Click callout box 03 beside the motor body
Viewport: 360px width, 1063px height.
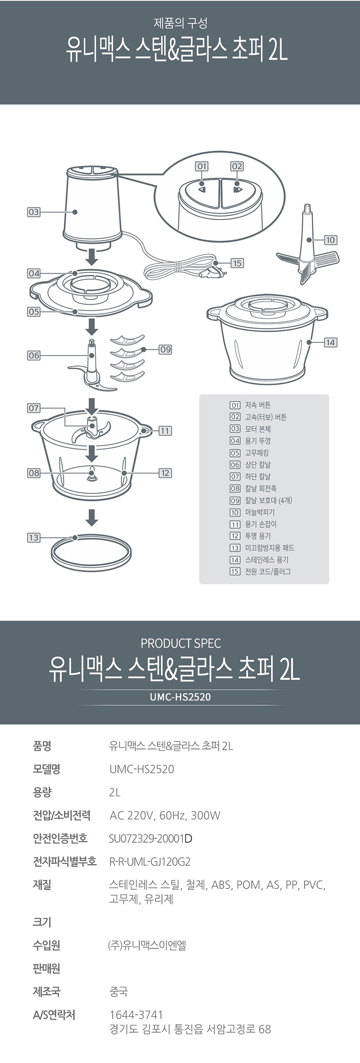coord(34,212)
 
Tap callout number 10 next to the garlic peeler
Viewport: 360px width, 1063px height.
coord(331,240)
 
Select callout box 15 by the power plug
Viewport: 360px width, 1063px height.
coord(237,263)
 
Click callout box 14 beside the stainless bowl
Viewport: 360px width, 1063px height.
coord(331,342)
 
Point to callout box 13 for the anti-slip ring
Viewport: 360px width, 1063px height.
coord(34,537)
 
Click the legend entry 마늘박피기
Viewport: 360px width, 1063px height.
coord(260,512)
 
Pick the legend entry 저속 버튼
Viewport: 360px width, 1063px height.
coord(258,405)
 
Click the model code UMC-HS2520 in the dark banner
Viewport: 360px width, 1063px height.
coord(180,697)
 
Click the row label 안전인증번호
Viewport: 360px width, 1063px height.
coord(60,838)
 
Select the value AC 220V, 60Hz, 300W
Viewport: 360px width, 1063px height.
coord(165,815)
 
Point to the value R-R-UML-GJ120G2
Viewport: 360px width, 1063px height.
coord(150,862)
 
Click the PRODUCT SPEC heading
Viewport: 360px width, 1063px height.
coord(181,644)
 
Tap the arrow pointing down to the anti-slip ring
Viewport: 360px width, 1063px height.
coord(92,518)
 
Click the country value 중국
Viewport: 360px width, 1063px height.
coord(118,991)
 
